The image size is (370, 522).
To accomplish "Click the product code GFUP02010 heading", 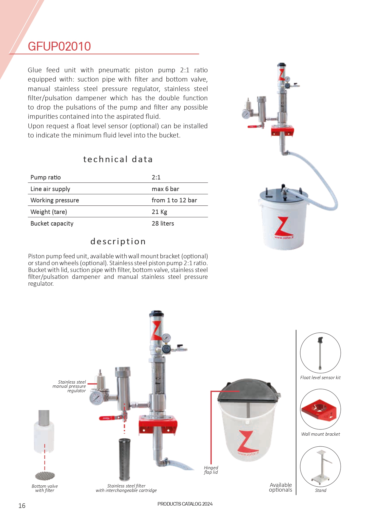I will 59,46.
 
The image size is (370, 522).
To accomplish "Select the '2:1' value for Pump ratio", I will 156,177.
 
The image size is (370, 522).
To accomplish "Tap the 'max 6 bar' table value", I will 165,189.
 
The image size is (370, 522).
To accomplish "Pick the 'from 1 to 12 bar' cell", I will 174,200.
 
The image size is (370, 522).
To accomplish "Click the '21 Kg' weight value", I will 159,212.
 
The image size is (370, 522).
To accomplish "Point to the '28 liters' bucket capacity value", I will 163,224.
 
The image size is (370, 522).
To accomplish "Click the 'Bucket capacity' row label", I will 52,224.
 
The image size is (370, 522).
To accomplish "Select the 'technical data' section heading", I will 118,160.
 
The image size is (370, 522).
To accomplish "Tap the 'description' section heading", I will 118,241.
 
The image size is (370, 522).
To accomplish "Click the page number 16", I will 22,506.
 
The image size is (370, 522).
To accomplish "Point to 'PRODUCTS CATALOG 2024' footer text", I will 185,504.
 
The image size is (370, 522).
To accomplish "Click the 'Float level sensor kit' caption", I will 320,378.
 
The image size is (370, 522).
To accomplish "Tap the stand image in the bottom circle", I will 321,466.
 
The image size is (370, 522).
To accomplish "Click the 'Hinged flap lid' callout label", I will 211,470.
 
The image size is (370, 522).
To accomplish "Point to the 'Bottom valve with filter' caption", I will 45,488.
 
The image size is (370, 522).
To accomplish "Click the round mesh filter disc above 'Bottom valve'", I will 45,476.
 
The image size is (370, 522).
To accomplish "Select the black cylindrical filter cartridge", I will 124,459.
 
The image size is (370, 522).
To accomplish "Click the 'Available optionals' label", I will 281,487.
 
